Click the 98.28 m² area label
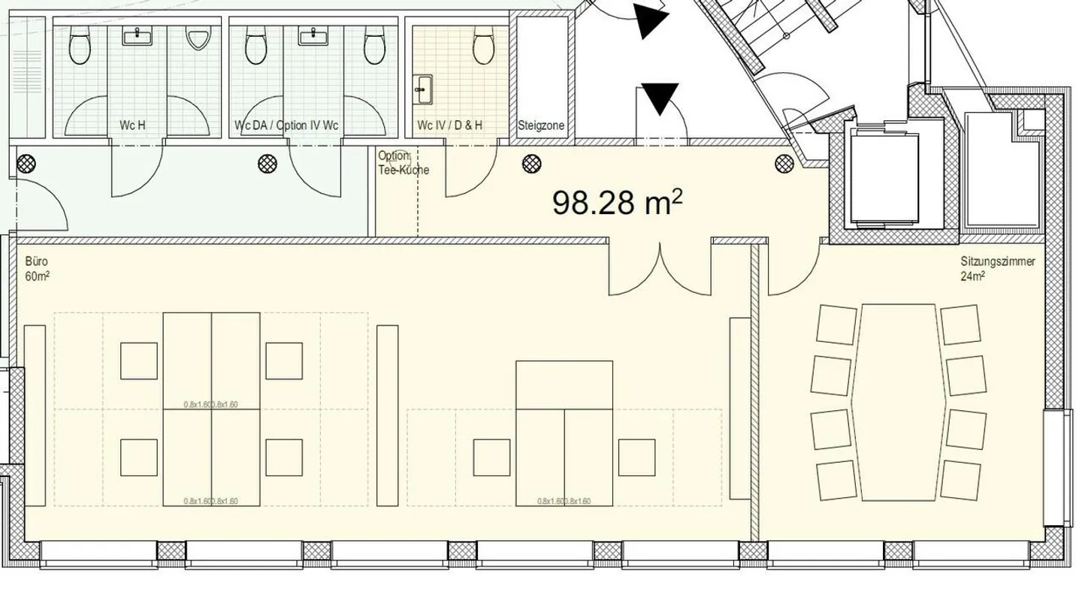coord(617,202)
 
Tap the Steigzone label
coord(541,126)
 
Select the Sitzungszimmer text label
coord(997,262)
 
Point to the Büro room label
coord(37,262)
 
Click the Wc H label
coord(132,125)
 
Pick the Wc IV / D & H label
coord(450,125)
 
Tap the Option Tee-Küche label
coord(403,163)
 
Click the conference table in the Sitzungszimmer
coord(898,402)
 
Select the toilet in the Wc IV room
coord(483,46)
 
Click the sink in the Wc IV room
coord(423,90)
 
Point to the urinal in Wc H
coord(197,38)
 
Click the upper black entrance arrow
coord(649,21)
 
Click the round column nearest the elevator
coord(784,162)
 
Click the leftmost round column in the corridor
coord(27,162)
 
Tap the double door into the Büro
coord(660,267)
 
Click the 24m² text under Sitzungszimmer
coord(972,276)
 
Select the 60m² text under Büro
coord(37,276)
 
